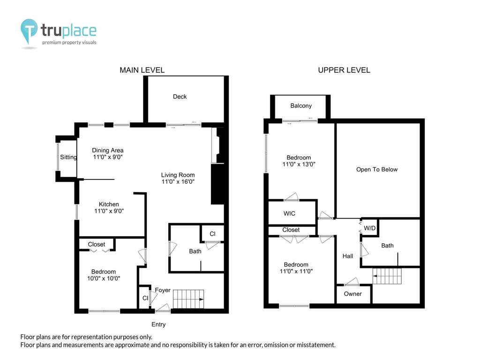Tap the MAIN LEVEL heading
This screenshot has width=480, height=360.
142,70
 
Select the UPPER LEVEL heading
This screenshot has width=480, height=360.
344,70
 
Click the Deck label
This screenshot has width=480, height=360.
180,97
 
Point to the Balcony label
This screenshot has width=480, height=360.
301,105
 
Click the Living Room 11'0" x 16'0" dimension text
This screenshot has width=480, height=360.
178,181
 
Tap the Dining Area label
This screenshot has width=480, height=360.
108,150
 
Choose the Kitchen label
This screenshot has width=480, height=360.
109,204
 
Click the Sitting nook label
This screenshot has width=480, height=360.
68,157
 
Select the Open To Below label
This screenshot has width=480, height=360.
377,170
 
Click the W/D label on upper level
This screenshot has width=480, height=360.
369,228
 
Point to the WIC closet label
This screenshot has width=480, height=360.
289,213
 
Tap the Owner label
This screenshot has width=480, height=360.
352,294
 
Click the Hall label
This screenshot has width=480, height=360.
348,256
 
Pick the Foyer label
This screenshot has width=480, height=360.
163,290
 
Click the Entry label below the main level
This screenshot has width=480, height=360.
158,324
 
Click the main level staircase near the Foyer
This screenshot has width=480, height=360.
188,299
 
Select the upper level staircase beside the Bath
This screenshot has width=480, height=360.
387,276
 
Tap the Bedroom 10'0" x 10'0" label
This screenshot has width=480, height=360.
104,275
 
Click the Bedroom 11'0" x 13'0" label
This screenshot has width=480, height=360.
299,161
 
